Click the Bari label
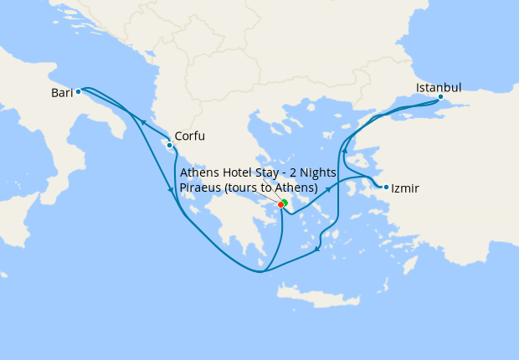point(62,93)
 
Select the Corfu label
point(189,136)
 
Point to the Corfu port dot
point(170,145)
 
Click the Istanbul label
point(439,87)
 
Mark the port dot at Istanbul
point(440,97)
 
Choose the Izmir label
point(405,189)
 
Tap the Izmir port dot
point(386,187)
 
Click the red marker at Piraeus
point(280,205)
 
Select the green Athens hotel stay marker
point(285,202)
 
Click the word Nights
point(318,172)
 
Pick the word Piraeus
point(202,187)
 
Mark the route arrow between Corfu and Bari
point(143,122)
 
